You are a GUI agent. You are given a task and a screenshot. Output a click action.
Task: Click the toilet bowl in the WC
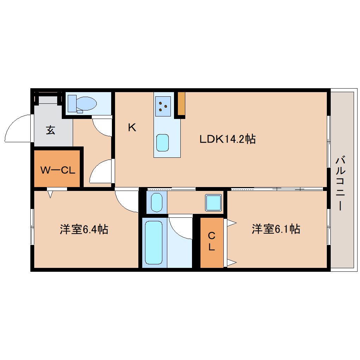click(x=86, y=103)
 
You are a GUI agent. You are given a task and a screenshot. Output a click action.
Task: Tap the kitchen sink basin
click(x=163, y=143)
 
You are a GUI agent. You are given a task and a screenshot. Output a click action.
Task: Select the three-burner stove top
click(x=163, y=106)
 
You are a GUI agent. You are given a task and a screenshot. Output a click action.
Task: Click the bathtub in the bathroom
click(x=154, y=242)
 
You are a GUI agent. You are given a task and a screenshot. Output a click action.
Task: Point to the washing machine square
click(x=214, y=203)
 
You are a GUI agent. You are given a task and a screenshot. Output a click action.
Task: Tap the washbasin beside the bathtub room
click(x=157, y=202)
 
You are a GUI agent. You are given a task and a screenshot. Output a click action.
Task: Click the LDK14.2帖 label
click(x=228, y=139)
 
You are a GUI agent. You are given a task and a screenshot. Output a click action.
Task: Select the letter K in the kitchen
click(x=132, y=127)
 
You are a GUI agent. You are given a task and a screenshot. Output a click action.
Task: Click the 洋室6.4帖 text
click(x=84, y=229)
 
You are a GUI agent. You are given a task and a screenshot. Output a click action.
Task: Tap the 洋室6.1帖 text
click(x=276, y=229)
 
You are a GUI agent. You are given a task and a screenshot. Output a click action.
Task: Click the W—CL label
click(x=58, y=170)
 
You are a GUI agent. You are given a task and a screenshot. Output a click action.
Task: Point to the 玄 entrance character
click(x=50, y=130)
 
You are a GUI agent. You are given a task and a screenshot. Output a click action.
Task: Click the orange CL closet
click(x=212, y=243)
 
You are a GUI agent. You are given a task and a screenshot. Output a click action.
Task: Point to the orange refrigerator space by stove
click(x=181, y=103)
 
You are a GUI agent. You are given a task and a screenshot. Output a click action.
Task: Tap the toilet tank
click(x=72, y=103)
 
